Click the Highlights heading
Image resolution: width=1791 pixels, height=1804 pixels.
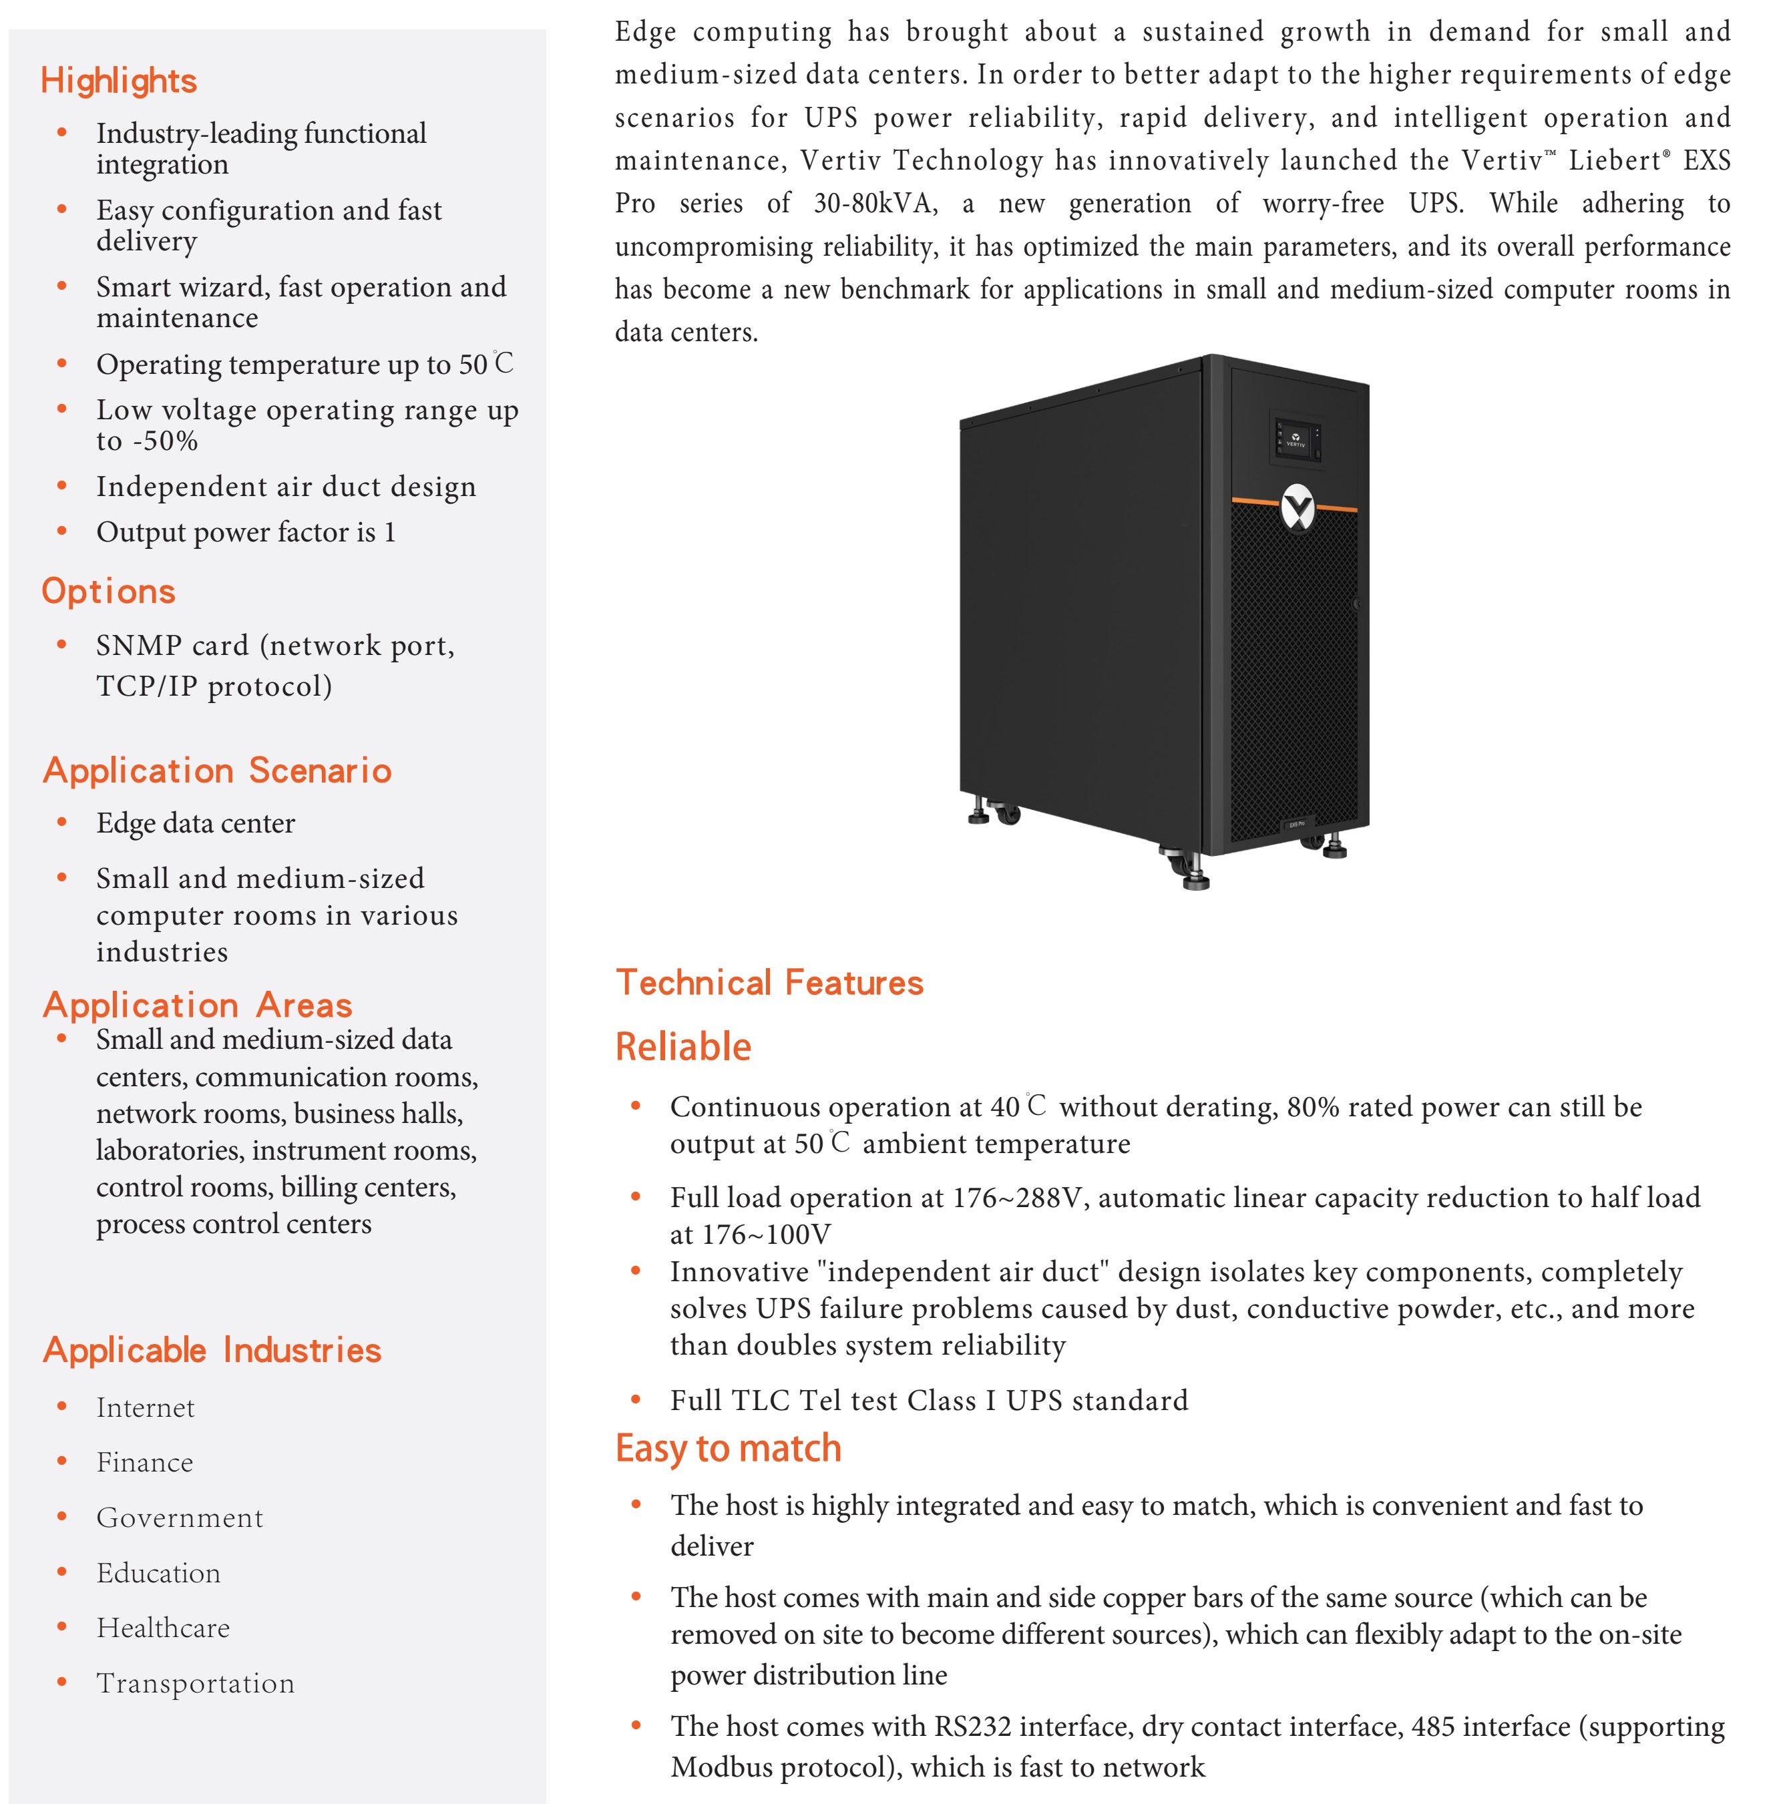[119, 81]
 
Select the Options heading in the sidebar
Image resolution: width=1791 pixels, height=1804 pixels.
[108, 591]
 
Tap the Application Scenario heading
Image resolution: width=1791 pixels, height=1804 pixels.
[216, 770]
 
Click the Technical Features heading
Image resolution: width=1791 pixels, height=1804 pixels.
[769, 982]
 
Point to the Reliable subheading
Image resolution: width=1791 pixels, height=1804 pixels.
[682, 1047]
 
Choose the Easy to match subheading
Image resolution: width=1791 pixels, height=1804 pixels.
[729, 1448]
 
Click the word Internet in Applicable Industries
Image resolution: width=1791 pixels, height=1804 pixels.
[146, 1407]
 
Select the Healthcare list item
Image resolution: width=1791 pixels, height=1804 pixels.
[162, 1628]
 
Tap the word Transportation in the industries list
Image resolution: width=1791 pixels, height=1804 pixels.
[195, 1682]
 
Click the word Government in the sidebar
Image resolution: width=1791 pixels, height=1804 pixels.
[179, 1518]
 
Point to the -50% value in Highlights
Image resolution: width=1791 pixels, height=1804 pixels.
[166, 441]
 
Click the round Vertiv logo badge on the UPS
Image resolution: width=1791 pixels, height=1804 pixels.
[1297, 509]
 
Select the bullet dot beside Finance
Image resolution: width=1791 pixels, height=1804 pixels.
[61, 1461]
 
